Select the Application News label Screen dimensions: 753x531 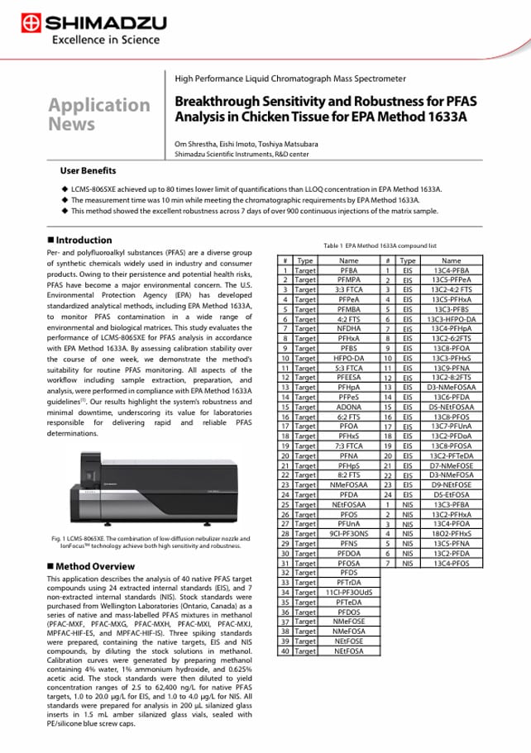click(99, 114)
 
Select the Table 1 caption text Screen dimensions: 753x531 click(380, 246)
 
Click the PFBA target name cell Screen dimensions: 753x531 click(349, 269)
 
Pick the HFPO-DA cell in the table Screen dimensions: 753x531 click(349, 358)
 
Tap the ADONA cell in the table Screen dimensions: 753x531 click(349, 407)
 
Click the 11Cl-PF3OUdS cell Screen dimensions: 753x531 click(349, 592)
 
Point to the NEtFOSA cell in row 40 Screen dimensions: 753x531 click(349, 651)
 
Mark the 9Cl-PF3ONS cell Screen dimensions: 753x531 click(349, 533)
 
